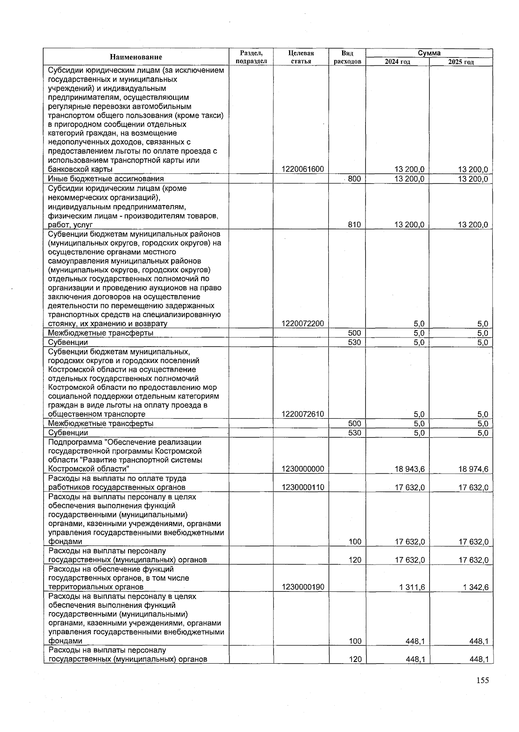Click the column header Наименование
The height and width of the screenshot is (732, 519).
[x=136, y=57]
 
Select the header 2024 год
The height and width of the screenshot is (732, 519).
[x=397, y=62]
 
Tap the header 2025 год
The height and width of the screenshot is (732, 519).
[x=461, y=62]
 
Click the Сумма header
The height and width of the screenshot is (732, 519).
[x=429, y=53]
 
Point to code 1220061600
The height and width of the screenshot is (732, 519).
[x=302, y=169]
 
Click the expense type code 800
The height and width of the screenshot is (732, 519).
[x=354, y=179]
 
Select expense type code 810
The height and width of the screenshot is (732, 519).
[x=354, y=225]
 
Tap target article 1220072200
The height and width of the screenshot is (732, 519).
[x=302, y=324]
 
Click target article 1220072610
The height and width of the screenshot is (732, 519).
[x=302, y=414]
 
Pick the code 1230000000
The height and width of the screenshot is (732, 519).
[x=302, y=469]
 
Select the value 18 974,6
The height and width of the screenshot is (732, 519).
[x=474, y=469]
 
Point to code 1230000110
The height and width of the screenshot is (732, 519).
[x=302, y=487]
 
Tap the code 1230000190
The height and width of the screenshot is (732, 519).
[x=302, y=587]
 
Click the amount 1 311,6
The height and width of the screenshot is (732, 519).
[x=413, y=587]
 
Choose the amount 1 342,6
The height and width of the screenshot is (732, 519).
[x=476, y=587]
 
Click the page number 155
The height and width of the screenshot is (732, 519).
[x=483, y=681]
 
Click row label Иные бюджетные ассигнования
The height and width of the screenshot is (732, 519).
[x=106, y=179]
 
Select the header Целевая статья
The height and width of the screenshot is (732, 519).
[x=301, y=57]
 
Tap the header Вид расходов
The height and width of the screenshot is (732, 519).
[x=347, y=57]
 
